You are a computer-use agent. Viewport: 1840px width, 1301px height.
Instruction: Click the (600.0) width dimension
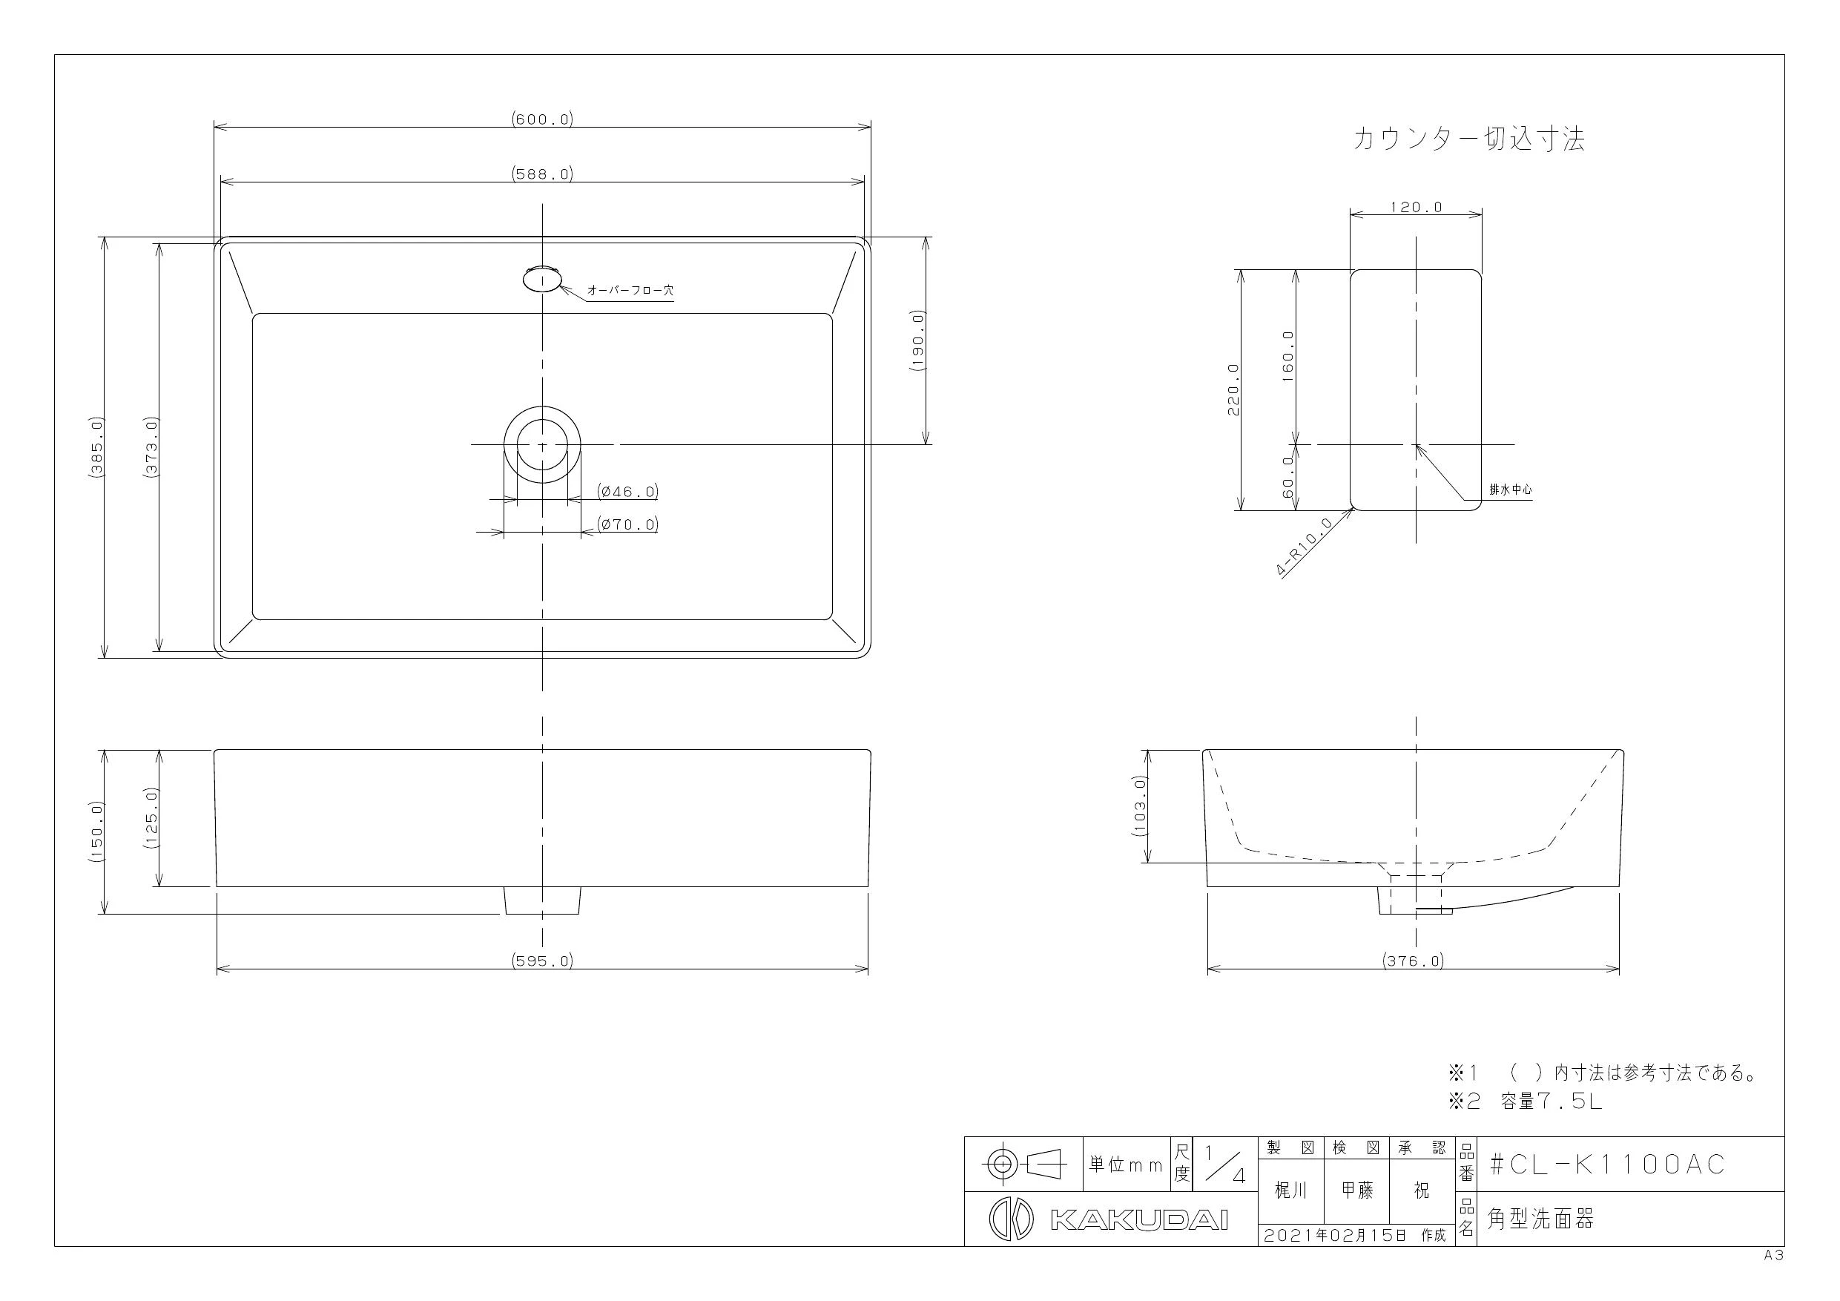(543, 119)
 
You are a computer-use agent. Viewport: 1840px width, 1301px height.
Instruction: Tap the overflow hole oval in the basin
(541, 279)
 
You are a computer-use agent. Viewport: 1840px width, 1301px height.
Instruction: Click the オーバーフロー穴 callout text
(630, 290)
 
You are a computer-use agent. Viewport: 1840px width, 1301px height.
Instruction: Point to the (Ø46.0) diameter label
(627, 490)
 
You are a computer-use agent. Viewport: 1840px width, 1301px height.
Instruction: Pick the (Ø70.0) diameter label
(627, 524)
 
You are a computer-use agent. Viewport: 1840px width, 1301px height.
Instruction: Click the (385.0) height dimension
(96, 448)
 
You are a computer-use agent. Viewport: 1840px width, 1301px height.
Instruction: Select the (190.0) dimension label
(917, 340)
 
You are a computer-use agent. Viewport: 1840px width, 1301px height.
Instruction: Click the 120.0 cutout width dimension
(1416, 207)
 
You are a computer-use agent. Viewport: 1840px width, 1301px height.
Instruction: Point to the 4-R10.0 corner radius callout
(1304, 547)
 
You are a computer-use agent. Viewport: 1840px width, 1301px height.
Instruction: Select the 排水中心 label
(1511, 490)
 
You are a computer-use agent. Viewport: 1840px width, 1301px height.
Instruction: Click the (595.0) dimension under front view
(543, 961)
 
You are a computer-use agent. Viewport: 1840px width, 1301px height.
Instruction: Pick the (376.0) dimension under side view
(1413, 961)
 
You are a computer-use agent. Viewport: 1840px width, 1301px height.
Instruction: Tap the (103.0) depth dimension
(1141, 806)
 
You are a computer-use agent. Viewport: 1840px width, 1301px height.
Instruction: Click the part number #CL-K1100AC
(1607, 1164)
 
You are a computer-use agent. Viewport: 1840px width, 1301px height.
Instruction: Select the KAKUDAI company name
(1138, 1220)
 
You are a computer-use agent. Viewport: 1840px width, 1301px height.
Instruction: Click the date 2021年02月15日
(1335, 1235)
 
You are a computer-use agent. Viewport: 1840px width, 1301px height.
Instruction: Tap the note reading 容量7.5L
(1552, 1101)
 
